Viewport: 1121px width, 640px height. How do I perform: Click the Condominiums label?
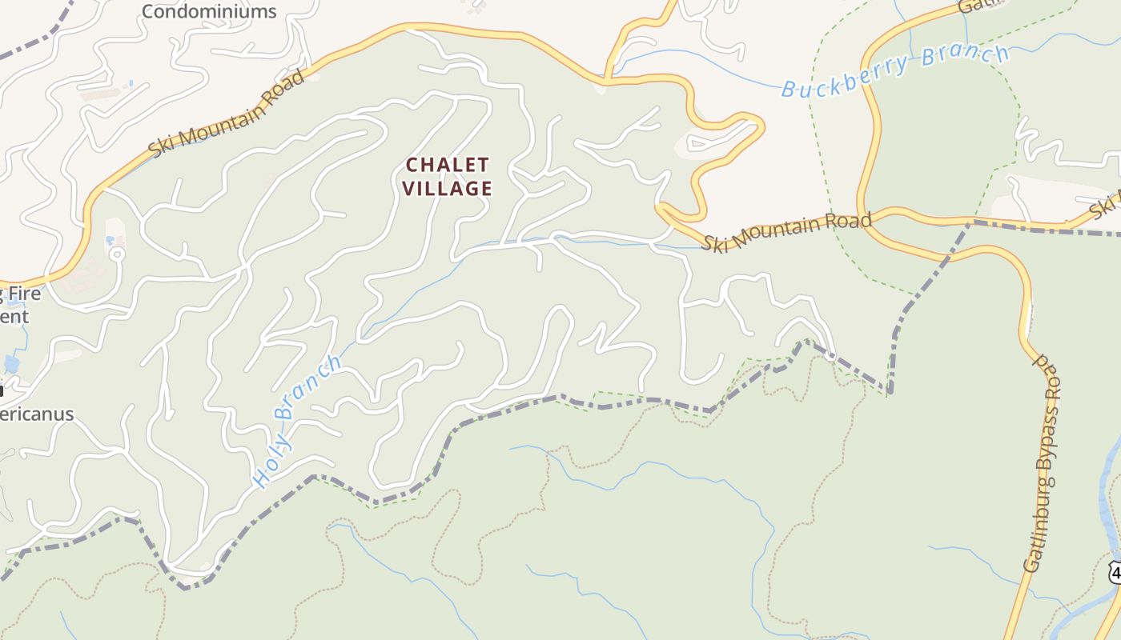click(x=209, y=11)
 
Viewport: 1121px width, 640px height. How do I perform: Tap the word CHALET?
click(x=447, y=166)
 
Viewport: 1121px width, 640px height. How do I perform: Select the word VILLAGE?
click(x=447, y=189)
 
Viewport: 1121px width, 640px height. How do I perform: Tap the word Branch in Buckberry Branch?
click(x=965, y=58)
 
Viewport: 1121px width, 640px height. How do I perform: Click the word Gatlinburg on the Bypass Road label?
click(x=1039, y=528)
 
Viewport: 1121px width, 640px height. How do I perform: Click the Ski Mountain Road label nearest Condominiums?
click(x=227, y=113)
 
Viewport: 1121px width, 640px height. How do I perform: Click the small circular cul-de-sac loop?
click(x=117, y=254)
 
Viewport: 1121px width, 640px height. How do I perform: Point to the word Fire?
click(x=24, y=294)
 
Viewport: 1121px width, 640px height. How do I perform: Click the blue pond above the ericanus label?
click(x=11, y=364)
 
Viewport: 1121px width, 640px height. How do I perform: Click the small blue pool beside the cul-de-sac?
click(x=109, y=239)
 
